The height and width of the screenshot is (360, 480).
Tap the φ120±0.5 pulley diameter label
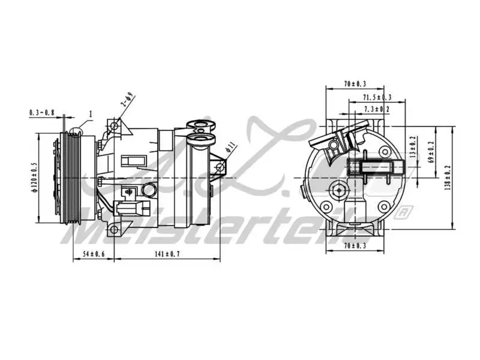[34, 178]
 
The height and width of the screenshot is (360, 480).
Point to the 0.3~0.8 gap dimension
[41, 112]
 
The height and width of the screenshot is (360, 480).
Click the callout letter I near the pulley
[91, 113]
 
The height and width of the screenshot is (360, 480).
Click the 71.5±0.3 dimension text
[377, 97]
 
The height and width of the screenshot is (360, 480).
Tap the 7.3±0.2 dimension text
[377, 109]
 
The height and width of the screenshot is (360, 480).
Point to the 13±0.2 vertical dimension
[412, 146]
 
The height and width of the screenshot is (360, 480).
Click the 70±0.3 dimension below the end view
[356, 246]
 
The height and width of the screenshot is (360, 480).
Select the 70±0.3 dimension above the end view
[356, 85]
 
